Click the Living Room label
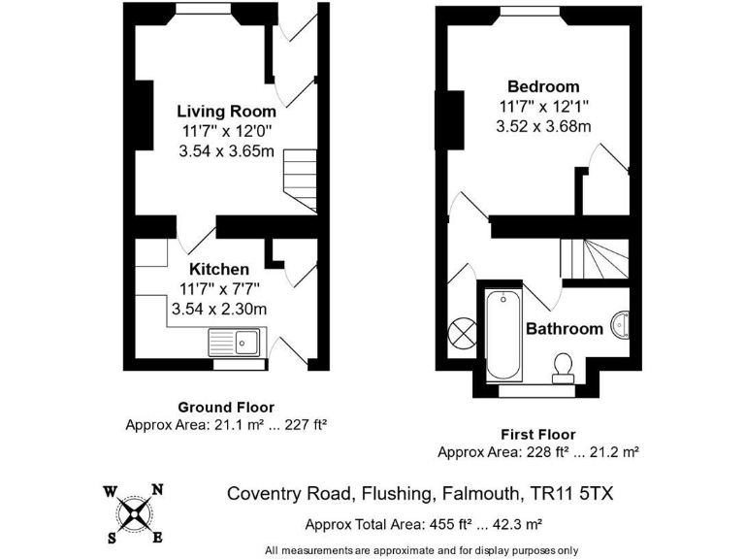point(226,112)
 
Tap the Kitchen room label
point(219,269)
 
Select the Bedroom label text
point(543,86)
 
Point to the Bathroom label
point(565,329)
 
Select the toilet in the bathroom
point(563,365)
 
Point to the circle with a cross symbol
point(462,332)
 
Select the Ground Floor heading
point(226,408)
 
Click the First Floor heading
point(537,435)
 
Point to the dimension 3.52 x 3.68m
point(543,126)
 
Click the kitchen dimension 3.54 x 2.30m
point(219,309)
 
